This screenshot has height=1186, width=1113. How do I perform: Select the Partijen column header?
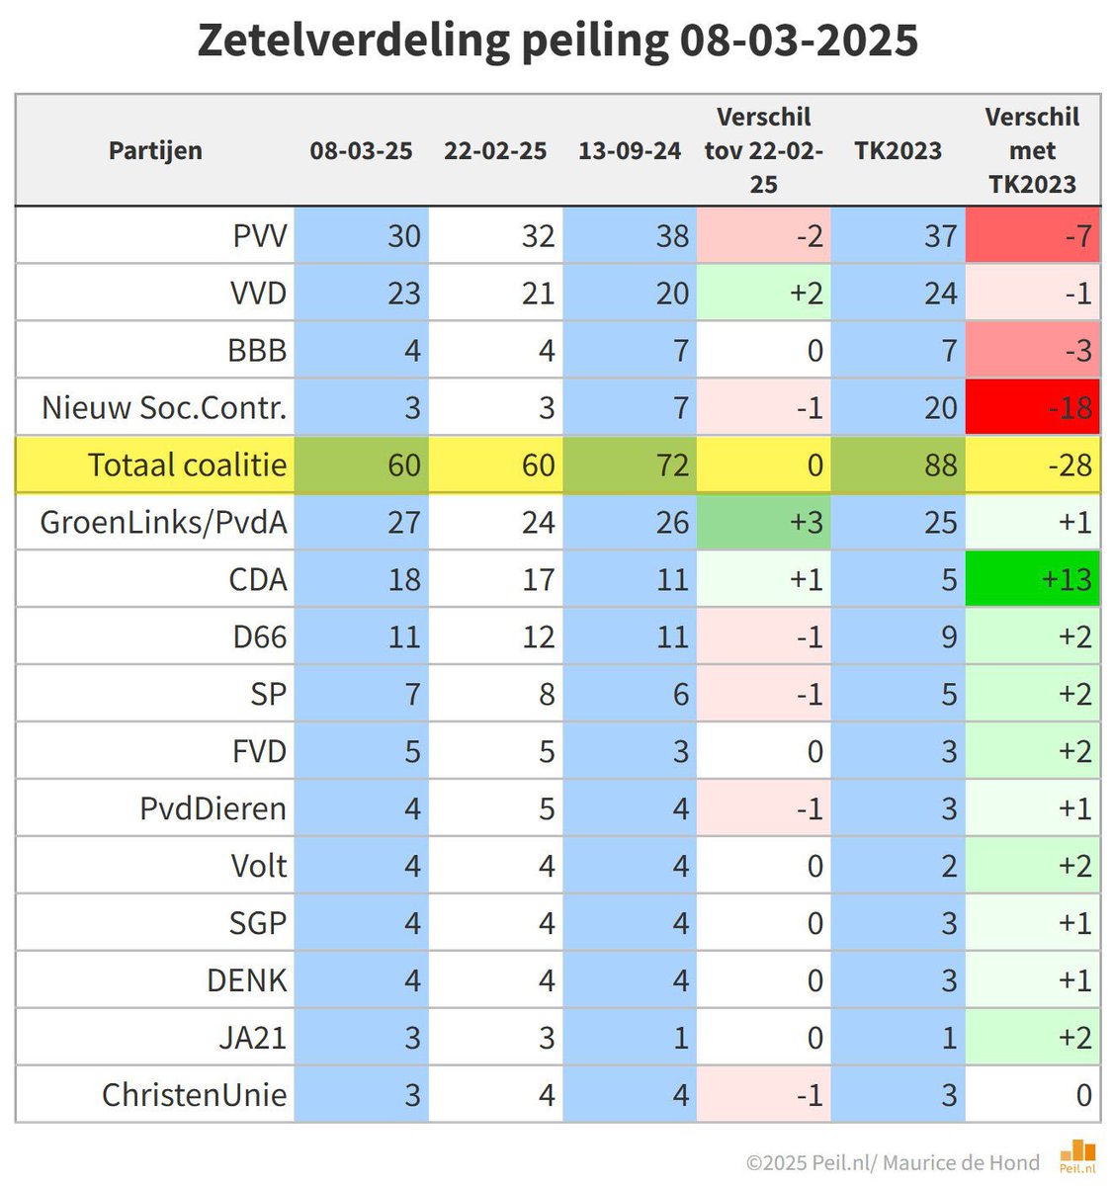pyautogui.click(x=155, y=150)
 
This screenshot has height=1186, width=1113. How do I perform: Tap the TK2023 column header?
pyautogui.click(x=898, y=150)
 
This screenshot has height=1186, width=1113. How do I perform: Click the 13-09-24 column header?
pyautogui.click(x=630, y=150)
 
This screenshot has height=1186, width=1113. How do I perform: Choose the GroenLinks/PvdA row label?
pyautogui.click(x=164, y=522)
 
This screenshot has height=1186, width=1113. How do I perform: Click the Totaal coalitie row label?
pyautogui.click(x=187, y=465)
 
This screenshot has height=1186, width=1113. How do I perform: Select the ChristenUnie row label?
pyautogui.click(x=195, y=1095)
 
